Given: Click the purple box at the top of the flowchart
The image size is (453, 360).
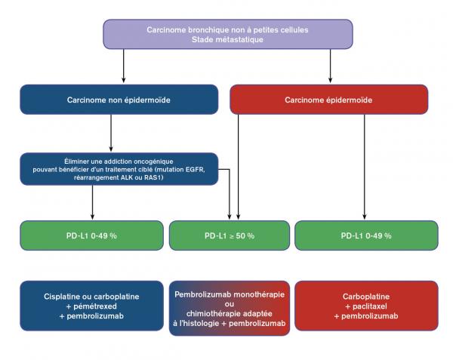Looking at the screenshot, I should click(227, 34).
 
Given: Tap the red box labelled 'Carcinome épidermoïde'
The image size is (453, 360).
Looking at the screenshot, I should click(329, 100).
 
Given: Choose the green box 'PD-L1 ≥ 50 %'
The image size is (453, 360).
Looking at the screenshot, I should click(229, 235).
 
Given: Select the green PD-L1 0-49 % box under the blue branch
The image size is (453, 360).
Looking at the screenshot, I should click(91, 235).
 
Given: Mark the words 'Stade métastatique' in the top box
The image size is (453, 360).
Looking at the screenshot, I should click(227, 39).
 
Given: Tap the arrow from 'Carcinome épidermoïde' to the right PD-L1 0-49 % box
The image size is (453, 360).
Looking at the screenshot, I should click(365, 166).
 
